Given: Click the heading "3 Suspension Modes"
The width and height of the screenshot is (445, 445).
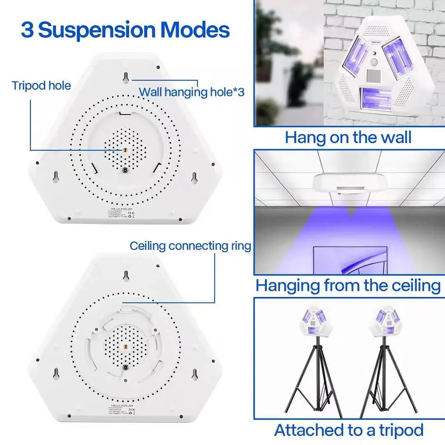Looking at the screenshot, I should (125, 30).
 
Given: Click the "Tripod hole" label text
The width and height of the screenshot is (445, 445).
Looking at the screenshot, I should (41, 86).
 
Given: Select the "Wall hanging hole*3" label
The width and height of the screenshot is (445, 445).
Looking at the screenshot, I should (192, 91).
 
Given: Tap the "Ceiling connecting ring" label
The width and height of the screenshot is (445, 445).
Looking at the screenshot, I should (190, 246).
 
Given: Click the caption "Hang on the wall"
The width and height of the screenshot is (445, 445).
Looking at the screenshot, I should (348, 137).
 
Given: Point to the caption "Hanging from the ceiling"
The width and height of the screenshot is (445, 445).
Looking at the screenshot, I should (348, 285).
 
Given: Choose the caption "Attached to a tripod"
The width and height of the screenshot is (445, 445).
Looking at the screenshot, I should (349, 430).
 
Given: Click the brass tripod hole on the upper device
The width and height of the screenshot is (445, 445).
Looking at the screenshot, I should (125, 151).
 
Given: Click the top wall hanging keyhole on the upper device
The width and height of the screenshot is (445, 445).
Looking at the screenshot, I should (125, 77).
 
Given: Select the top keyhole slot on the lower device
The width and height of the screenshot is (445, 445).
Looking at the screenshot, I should (126, 275).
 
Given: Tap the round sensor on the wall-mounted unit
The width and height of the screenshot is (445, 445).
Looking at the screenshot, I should (375, 62).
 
